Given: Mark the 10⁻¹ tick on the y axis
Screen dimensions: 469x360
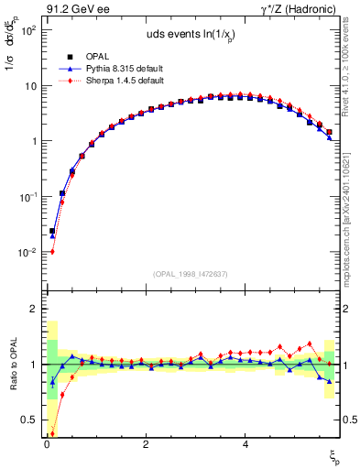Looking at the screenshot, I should [27, 197].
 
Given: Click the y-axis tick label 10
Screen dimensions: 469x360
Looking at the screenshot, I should [29, 86].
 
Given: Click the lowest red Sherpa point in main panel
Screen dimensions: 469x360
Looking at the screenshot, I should [52, 252].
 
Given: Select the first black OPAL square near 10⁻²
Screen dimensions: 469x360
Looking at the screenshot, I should [52, 232].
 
